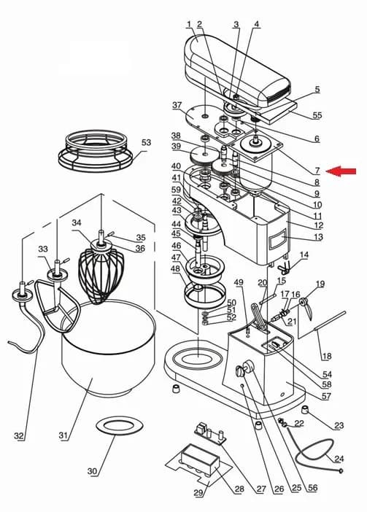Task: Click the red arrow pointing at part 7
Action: [341, 171]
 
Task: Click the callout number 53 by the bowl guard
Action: [146, 142]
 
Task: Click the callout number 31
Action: [63, 435]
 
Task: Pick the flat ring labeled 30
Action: [119, 425]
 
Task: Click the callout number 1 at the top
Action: [189, 24]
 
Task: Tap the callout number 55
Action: [317, 115]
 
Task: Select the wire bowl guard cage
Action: [96, 151]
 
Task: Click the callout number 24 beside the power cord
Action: [339, 459]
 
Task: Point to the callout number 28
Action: [239, 489]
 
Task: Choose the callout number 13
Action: [318, 237]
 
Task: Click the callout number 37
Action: [177, 105]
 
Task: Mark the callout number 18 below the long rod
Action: [327, 356]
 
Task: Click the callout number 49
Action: [239, 282]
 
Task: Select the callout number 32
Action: [19, 435]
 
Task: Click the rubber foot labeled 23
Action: [305, 409]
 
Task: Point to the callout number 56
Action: [312, 488]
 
